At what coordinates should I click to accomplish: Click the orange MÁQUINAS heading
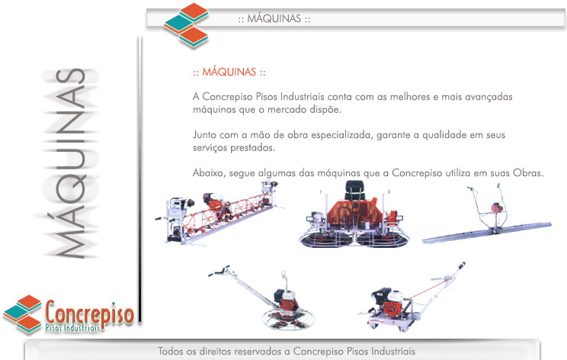coord(229,72)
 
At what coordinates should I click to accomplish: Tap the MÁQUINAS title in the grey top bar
coord(274,18)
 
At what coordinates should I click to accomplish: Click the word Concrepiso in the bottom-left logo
coord(89,313)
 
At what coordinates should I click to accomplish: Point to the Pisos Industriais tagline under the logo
coord(72,328)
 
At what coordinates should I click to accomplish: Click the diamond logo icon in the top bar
coord(186,25)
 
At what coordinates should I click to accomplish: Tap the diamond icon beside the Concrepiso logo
coord(22,313)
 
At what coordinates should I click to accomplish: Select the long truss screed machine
coord(217,213)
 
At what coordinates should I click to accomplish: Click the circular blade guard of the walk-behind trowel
coord(288,319)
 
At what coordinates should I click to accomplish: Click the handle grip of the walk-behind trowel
coord(219,271)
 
